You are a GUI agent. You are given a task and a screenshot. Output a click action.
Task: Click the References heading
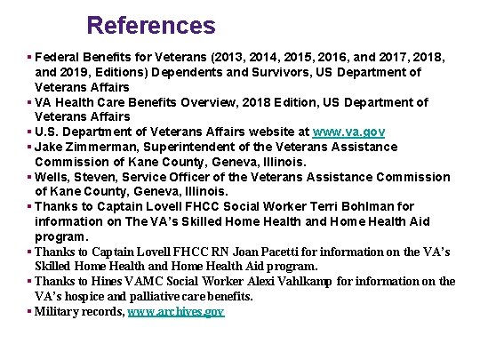click(151, 25)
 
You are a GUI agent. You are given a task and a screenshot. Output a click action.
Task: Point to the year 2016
click(356, 56)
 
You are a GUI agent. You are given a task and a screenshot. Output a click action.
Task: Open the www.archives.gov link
click(176, 312)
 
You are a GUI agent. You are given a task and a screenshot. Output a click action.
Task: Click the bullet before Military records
click(30, 312)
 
